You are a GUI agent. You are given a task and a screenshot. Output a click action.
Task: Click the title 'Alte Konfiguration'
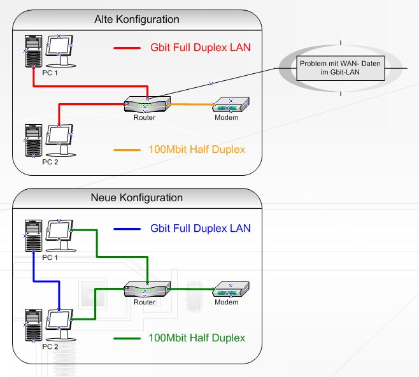coord(136,20)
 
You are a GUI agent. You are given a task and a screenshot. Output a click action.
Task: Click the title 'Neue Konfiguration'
coord(138,198)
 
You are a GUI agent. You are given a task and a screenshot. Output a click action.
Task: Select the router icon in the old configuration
coord(147,104)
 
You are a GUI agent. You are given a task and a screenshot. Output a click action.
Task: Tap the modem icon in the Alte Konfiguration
coord(230,105)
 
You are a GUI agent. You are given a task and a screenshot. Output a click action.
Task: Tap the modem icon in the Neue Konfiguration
coord(230,289)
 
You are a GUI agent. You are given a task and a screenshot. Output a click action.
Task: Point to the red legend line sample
coord(126,48)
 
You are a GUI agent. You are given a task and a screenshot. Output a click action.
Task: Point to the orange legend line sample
coord(126,150)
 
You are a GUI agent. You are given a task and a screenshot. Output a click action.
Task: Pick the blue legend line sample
coord(126,229)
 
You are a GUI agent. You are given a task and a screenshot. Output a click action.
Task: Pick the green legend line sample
coord(126,338)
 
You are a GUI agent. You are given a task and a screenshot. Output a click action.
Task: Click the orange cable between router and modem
coord(191,104)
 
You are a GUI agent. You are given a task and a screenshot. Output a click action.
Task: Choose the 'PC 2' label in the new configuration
coord(50,346)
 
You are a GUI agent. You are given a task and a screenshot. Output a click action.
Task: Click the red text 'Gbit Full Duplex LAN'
coord(201,48)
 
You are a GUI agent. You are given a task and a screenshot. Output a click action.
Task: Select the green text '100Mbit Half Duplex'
coord(197,338)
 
